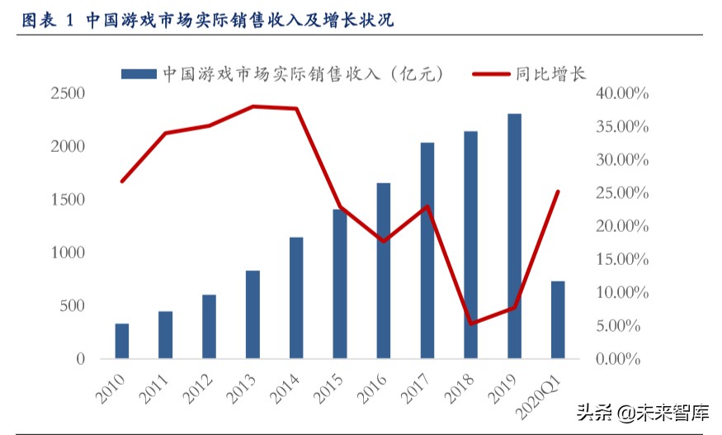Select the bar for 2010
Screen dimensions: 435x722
[x=122, y=341]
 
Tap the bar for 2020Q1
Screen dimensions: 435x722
[x=558, y=319]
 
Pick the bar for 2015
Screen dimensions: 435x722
[x=340, y=284]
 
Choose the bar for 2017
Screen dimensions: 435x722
[x=427, y=251]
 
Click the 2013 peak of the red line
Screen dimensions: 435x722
[x=253, y=106]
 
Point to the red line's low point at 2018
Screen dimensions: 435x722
[x=470, y=324]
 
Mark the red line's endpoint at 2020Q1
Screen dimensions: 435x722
[x=558, y=191]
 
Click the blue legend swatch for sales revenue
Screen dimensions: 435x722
[x=139, y=74]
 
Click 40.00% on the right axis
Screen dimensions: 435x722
[x=621, y=93]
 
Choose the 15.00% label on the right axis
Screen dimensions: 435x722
[x=621, y=259]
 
